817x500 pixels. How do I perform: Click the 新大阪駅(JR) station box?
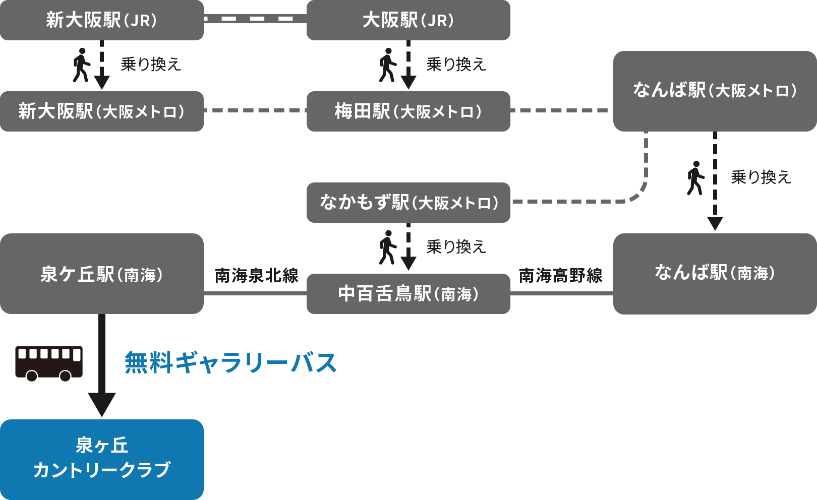[102, 20]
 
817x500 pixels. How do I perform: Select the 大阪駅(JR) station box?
[408, 20]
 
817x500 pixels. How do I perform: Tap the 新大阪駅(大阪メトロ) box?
[102, 111]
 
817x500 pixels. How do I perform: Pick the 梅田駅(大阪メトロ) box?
[408, 111]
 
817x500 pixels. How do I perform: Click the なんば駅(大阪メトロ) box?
[715, 91]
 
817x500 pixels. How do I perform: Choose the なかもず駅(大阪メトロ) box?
[408, 203]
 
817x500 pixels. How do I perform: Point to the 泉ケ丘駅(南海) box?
[102, 274]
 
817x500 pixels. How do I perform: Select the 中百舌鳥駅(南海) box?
[408, 294]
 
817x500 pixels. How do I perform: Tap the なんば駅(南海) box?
[715, 273]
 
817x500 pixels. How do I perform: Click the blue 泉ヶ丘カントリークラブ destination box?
[102, 459]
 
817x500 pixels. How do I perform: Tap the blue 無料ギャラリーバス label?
[230, 363]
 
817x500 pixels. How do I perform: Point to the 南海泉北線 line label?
[256, 276]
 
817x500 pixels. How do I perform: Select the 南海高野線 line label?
[561, 276]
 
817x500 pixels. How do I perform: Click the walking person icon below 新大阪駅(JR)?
[81, 65]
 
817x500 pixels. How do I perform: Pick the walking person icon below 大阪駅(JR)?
[387, 65]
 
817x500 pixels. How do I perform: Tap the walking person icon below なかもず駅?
[387, 247]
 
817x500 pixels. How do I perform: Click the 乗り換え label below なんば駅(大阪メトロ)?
[761, 177]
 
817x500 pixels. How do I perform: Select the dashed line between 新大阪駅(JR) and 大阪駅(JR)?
[255, 19]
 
